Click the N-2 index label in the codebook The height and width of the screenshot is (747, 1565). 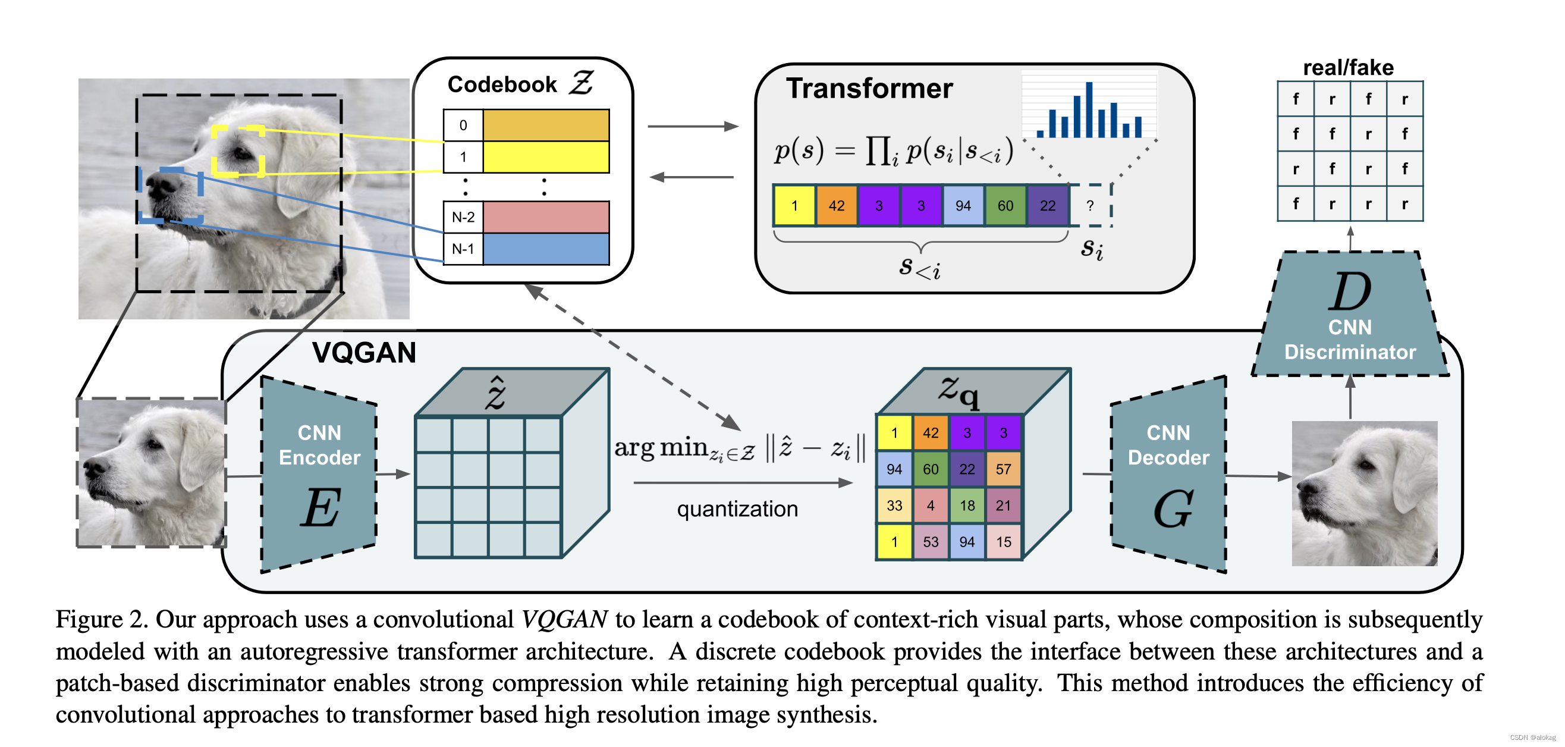point(463,217)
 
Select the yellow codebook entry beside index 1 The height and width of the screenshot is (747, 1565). point(546,157)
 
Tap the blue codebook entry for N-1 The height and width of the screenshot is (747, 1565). point(546,249)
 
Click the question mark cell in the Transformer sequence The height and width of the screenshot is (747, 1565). point(1090,205)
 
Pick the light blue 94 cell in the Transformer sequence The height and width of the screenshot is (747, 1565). point(963,205)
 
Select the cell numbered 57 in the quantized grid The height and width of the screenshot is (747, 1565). point(1003,469)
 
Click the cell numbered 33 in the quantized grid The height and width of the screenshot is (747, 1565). point(894,505)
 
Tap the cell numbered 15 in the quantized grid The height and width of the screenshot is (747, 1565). point(1003,542)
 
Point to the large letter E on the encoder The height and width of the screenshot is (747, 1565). point(320,507)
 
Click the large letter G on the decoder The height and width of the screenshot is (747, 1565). point(1173,509)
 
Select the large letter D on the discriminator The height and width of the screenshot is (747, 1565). point(1350,292)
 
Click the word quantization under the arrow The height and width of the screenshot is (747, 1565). point(737,509)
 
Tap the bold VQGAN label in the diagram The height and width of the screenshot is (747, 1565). point(364,353)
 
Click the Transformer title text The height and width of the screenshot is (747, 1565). point(869,89)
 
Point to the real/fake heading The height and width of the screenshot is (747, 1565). point(1348,67)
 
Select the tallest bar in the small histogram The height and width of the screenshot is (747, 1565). point(1089,110)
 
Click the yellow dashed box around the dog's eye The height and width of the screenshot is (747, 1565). point(238,150)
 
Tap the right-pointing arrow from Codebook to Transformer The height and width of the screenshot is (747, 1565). point(693,127)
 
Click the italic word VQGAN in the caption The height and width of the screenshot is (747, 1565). point(564,619)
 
